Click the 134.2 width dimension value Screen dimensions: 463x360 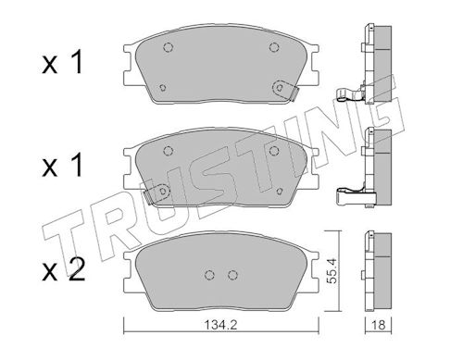tap(220, 325)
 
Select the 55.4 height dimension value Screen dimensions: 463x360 tap(332, 271)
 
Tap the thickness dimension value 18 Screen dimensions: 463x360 tap(379, 325)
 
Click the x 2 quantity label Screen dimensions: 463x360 tap(63, 270)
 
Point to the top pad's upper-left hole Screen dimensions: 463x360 tap(168, 47)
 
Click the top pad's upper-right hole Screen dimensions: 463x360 tap(274, 47)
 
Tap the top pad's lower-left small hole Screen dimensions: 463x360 tap(163, 88)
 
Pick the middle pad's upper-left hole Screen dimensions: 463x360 tap(168, 151)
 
